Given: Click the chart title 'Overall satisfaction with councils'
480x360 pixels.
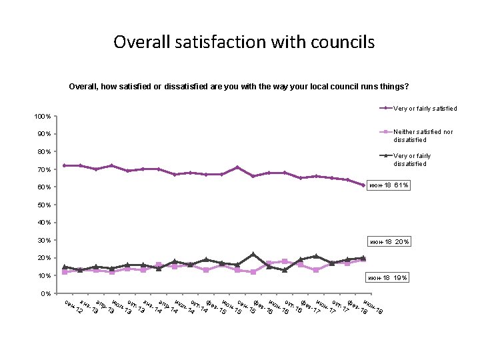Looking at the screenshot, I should tap(244, 43).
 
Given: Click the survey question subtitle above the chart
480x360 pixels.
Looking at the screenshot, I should tap(239, 87).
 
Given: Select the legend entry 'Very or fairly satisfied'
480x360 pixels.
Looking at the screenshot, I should tap(425, 108).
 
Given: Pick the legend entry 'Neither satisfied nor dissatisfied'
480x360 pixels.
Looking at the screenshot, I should tap(423, 136).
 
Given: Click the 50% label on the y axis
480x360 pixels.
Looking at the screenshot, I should tap(44, 205).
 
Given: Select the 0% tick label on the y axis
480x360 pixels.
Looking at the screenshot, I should tap(46, 293).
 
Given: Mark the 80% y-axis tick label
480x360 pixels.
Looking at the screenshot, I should tap(44, 152).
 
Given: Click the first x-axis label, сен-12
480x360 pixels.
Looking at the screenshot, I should tap(74, 307).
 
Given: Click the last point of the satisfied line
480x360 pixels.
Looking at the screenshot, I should tap(363, 185).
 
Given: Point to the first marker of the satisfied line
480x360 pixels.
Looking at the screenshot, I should tap(65, 165).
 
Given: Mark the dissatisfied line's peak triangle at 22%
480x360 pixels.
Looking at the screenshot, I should tap(253, 254).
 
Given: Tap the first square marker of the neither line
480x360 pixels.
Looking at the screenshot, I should tap(65, 272).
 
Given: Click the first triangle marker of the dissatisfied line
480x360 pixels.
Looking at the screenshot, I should tap(65, 267).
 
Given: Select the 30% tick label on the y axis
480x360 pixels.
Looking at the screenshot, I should tap(44, 240).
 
